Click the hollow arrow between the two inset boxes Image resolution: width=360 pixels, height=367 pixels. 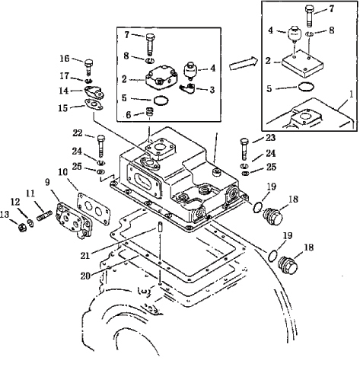point(243,63)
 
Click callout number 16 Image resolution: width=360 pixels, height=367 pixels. point(65,59)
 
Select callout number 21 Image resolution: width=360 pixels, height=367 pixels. point(85,256)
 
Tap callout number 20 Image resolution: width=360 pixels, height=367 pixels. point(85,276)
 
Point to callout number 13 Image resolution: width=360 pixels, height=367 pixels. point(5,215)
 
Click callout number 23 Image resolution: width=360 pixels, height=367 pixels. point(271,138)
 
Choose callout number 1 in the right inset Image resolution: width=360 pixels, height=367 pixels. point(351,94)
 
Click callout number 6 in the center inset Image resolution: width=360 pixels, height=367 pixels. point(129,115)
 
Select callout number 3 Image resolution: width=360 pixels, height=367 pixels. point(212,90)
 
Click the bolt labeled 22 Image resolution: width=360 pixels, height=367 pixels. point(101,147)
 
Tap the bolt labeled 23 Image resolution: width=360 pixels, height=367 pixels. point(244,149)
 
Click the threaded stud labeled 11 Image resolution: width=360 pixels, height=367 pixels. point(45,216)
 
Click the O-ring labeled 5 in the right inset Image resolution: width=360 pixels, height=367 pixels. point(306,87)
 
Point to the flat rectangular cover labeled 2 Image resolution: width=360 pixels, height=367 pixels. point(302,63)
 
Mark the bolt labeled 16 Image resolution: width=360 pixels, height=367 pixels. point(88,67)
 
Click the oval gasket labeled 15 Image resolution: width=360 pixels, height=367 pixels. point(94,105)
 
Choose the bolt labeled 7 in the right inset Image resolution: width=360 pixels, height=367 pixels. point(310,16)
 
